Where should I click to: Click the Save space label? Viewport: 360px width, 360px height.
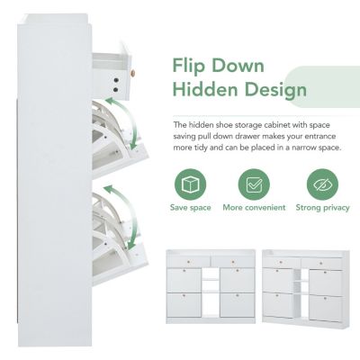pos(190,208)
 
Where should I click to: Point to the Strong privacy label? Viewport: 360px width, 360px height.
pos(321,208)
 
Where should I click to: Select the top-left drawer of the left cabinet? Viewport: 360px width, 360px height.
pos(191,261)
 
